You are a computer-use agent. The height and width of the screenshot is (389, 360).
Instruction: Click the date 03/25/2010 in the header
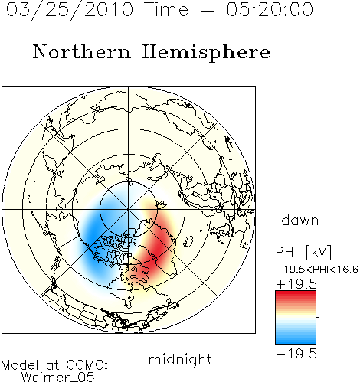[x=70, y=10]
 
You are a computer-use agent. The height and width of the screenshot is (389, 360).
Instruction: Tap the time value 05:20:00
[x=270, y=9]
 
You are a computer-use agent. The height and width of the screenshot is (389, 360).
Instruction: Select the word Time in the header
[x=166, y=9]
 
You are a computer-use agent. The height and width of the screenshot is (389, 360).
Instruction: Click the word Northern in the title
[x=82, y=51]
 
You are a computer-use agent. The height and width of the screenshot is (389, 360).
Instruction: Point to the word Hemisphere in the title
[x=206, y=53]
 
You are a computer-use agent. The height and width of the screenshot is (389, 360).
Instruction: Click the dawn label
[x=299, y=220]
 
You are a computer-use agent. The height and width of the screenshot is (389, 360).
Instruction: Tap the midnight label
[x=180, y=359]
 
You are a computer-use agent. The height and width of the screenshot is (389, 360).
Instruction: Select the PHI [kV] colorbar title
[x=303, y=252]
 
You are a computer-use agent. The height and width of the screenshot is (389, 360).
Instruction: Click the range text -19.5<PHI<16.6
[x=316, y=270]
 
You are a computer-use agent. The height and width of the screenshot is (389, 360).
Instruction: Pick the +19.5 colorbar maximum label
[x=296, y=284]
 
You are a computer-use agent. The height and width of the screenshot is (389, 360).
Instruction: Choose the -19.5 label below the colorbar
[x=296, y=354]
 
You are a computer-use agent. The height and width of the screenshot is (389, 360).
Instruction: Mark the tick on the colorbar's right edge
[x=318, y=317]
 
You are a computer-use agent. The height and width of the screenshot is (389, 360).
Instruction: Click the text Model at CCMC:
[x=54, y=365]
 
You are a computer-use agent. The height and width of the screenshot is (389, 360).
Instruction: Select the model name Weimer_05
[x=57, y=378]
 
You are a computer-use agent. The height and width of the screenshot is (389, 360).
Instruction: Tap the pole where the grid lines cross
[x=129, y=210]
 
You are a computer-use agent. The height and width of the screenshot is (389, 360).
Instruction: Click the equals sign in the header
[x=208, y=10]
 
